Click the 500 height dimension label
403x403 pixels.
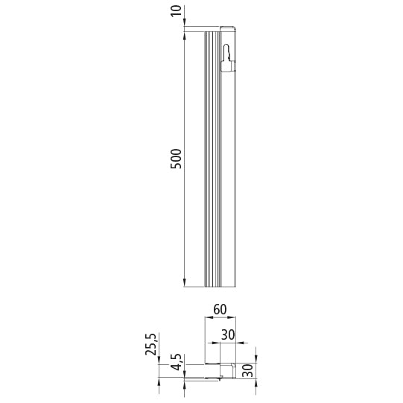coord(176,159)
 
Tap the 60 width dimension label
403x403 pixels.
coord(220,309)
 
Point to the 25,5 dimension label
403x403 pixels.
coord(153,346)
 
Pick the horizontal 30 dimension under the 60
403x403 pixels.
coord(228,336)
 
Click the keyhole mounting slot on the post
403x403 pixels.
coord(228,57)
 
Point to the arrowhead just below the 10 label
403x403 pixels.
coord(184,25)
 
